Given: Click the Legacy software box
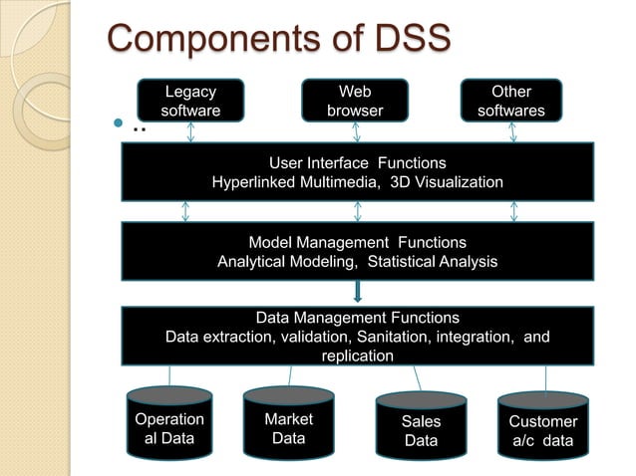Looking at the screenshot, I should click(190, 101).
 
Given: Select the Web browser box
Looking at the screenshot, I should click(355, 101).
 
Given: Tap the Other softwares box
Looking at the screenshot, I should click(510, 101).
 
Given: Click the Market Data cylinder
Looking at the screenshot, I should click(288, 425).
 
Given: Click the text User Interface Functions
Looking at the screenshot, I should click(357, 162).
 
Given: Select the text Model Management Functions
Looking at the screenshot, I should click(357, 242).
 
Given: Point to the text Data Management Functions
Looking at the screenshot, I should click(357, 318).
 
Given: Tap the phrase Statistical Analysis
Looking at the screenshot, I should click(432, 262).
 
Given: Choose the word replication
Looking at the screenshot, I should click(357, 356).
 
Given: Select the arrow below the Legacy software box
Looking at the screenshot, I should click(185, 132).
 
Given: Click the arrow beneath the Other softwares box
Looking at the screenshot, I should click(514, 132).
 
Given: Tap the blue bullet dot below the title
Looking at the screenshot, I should click(117, 126).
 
